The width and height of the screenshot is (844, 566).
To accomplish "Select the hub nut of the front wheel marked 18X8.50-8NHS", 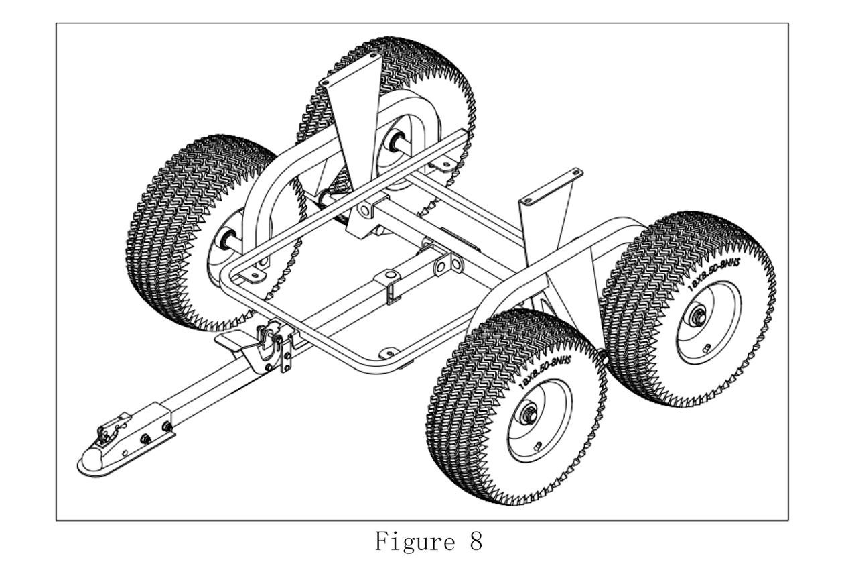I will click(x=529, y=413).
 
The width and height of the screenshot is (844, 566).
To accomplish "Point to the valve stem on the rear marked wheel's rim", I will click(x=706, y=347).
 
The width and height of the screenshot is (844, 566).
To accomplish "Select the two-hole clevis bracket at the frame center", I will click(x=441, y=266).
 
